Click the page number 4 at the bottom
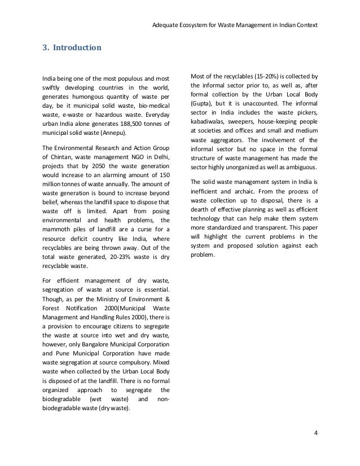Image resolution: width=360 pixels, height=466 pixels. tap(316, 433)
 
